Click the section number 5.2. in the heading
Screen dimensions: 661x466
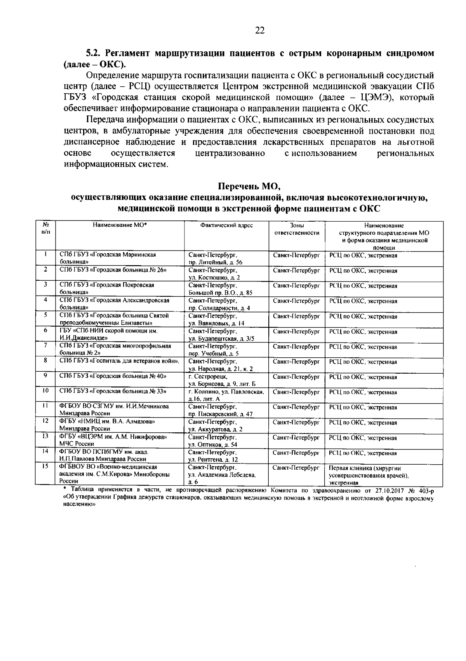94,53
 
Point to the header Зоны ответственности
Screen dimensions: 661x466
297,229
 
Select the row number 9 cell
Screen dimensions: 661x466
46,376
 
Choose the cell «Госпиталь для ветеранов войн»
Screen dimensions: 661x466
119,361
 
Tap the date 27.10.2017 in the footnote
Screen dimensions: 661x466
389,491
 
